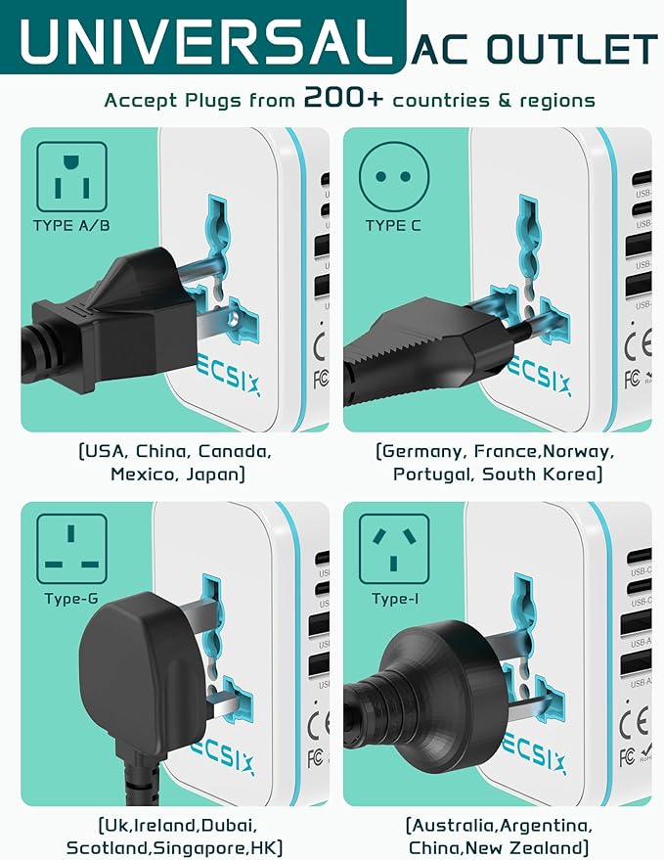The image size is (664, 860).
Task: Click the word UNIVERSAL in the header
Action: pyautogui.click(x=201, y=43)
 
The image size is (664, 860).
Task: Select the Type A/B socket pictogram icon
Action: pyautogui.click(x=72, y=176)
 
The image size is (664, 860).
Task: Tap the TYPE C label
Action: pyautogui.click(x=393, y=226)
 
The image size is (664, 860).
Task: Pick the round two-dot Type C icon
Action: pyautogui.click(x=394, y=176)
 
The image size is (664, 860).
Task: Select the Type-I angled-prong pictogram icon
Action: pyautogui.click(x=394, y=549)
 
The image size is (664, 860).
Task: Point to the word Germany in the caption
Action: pyautogui.click(x=421, y=452)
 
